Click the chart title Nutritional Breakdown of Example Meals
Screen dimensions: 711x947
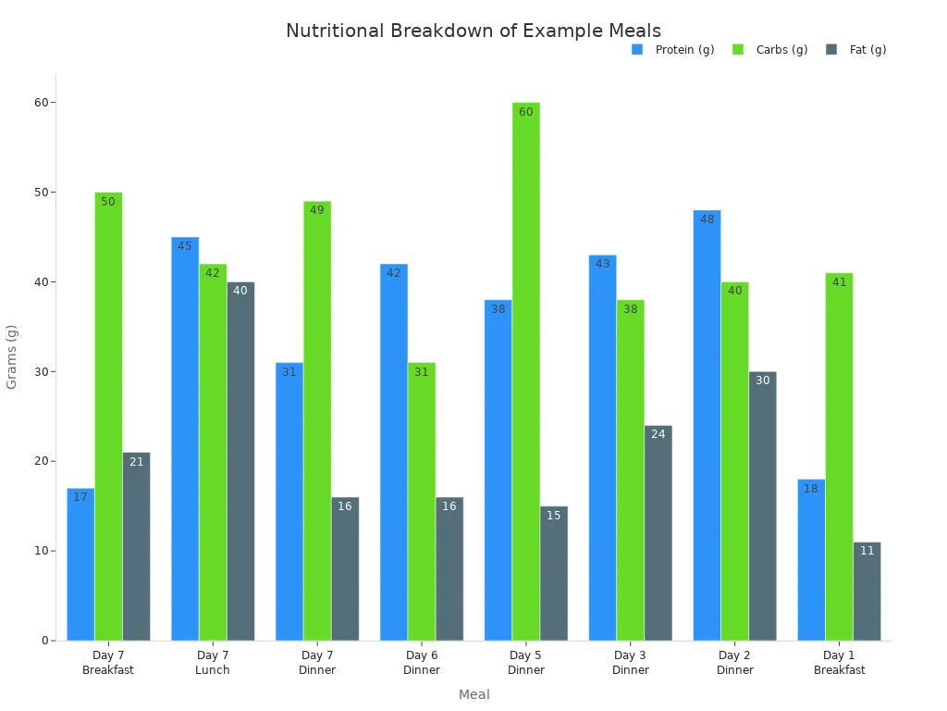click(473, 31)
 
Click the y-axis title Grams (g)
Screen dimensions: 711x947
click(12, 356)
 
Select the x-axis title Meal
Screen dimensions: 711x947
click(473, 694)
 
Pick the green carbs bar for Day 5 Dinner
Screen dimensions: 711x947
click(525, 370)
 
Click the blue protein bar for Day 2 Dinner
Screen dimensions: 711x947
click(707, 426)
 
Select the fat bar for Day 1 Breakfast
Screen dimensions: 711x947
click(867, 592)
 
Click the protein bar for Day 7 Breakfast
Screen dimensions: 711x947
click(80, 565)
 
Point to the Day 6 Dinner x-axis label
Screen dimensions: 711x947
click(422, 663)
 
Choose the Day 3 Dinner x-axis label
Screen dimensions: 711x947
click(631, 663)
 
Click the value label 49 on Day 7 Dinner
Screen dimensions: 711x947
click(317, 211)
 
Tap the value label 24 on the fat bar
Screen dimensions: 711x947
click(658, 434)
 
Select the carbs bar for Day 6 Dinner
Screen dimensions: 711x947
click(422, 501)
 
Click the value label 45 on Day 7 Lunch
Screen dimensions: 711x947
click(185, 246)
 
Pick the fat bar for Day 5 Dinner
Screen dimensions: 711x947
click(554, 573)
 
